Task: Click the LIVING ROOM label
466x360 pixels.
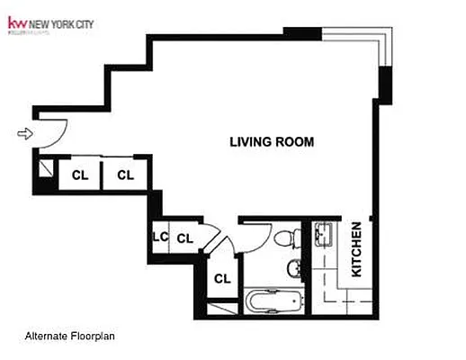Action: tap(272, 141)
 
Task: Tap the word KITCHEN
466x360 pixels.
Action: tap(356, 249)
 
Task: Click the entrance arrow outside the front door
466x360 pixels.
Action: tap(25, 134)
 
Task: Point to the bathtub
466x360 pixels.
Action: tap(275, 300)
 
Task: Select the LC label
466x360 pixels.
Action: tap(161, 238)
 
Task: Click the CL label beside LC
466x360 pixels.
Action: tap(184, 238)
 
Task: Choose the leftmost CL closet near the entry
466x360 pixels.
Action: tap(80, 175)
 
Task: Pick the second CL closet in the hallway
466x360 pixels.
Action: tap(125, 175)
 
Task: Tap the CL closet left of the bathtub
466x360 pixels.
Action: tap(221, 278)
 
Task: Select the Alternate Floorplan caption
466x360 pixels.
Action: tap(70, 337)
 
